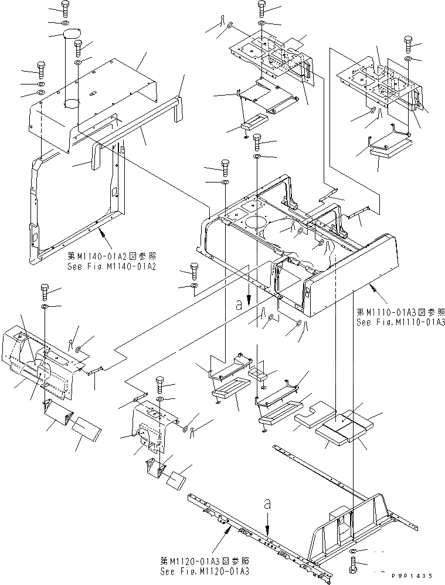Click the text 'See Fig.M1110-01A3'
tap(400, 323)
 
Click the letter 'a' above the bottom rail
tap(267, 503)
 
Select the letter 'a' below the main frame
tap(239, 304)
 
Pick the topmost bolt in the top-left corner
tap(64, 8)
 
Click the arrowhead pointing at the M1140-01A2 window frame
tap(102, 233)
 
